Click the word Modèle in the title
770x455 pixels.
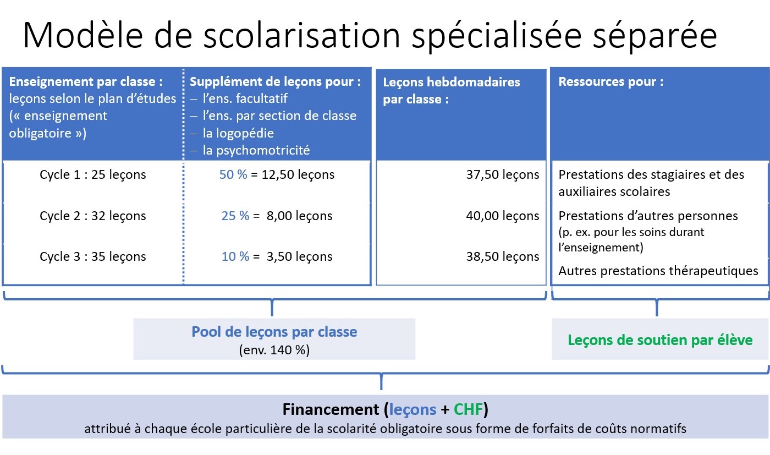tap(83, 35)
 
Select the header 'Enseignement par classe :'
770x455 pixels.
tap(86, 82)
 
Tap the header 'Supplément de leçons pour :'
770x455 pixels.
tap(276, 82)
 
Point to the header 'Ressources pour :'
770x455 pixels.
tap(611, 82)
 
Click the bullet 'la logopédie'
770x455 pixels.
tap(238, 133)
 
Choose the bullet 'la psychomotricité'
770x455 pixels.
tap(256, 150)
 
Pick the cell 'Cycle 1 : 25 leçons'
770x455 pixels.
tap(93, 175)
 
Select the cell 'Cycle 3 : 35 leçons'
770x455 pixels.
tap(93, 256)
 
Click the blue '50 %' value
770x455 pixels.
tap(233, 174)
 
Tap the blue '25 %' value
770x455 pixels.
tap(235, 216)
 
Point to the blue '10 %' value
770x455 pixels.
tap(235, 256)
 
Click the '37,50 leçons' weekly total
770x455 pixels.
tap(503, 175)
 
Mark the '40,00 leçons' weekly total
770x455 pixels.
tap(503, 216)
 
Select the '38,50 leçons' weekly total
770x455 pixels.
tap(503, 256)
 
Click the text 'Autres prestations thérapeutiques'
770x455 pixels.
tap(658, 271)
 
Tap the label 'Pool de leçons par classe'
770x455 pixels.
tap(274, 332)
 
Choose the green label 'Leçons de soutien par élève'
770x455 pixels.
tap(660, 340)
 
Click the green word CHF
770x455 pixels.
tap(468, 409)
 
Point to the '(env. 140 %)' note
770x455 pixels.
tap(274, 350)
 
